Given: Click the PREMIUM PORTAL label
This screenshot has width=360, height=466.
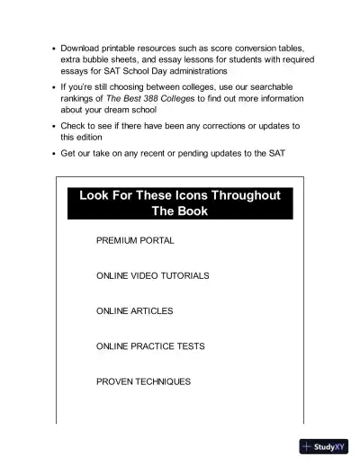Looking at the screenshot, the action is (x=135, y=241).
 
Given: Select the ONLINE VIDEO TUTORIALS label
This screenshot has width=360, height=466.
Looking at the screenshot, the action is (x=152, y=275).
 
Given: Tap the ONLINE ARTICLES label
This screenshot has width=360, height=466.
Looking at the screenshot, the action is (x=134, y=310).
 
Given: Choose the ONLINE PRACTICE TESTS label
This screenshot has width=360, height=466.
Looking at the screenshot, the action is (x=150, y=346).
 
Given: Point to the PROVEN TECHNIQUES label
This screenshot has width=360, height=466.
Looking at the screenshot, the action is (x=143, y=381).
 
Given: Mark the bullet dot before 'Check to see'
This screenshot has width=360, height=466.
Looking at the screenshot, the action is (x=54, y=126).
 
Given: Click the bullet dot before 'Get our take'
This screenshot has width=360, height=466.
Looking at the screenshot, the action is (x=54, y=153).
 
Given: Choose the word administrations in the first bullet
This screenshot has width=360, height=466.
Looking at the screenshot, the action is (x=190, y=70).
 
